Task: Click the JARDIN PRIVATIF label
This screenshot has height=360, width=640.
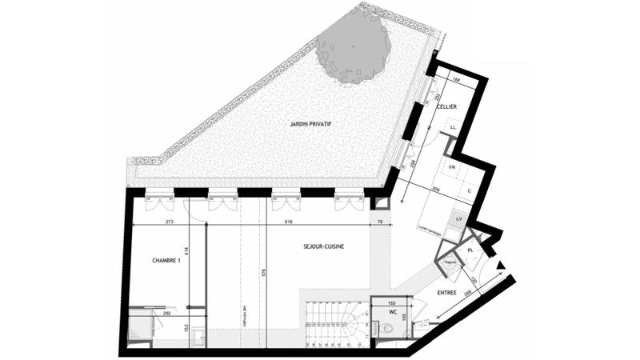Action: click(x=310, y=124)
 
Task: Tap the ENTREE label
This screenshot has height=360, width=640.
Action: click(x=446, y=293)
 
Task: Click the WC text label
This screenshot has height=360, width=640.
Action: click(x=392, y=313)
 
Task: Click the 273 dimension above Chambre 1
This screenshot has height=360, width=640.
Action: click(x=169, y=222)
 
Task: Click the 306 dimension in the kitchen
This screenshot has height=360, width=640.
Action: click(x=436, y=188)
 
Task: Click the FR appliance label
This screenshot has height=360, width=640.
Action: click(x=452, y=168)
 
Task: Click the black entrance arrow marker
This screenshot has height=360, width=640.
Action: click(x=502, y=266)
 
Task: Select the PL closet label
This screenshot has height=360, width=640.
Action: click(x=471, y=250)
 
